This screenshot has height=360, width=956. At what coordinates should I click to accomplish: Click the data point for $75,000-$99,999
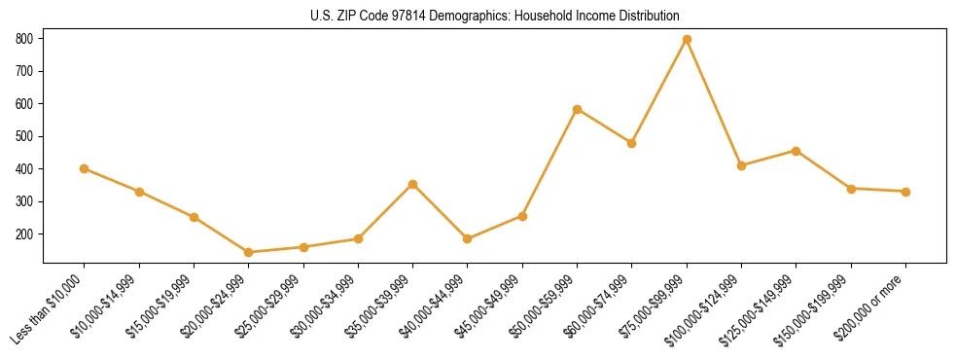687,39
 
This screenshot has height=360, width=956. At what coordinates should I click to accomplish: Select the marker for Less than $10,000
85,168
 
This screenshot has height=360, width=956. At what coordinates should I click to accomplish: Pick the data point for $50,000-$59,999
578,109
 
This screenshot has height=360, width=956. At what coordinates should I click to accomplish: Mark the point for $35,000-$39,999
413,184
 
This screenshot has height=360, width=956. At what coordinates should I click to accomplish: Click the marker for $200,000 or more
906,192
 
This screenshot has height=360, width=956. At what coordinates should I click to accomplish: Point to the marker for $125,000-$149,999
797,151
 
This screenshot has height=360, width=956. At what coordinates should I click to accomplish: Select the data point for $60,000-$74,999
632,143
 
